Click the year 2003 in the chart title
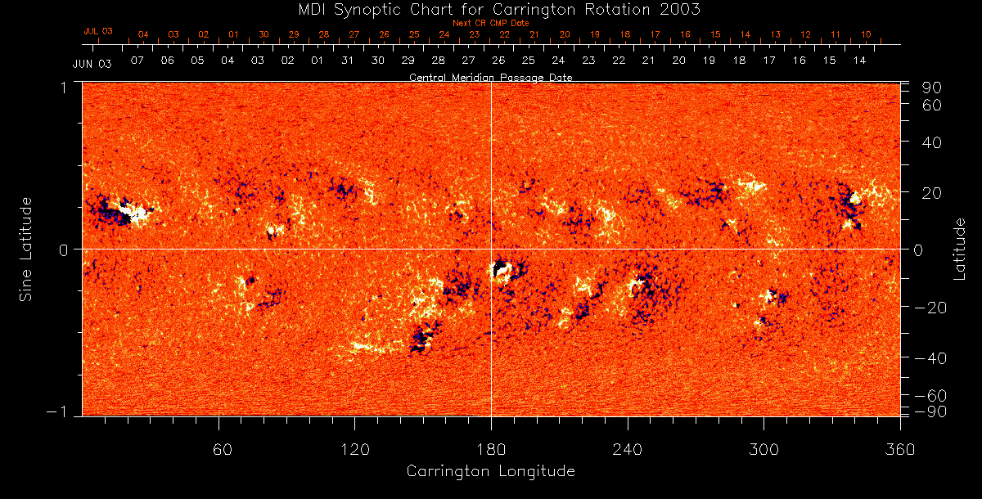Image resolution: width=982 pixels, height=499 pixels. tap(684, 10)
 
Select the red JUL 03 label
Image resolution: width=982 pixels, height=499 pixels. tap(97, 31)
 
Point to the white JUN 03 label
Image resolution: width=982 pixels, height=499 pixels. tap(92, 63)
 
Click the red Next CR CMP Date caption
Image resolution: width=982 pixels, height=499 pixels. tap(491, 23)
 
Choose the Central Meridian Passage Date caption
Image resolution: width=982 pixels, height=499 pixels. tap(491, 78)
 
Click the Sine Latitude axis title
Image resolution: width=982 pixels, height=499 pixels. tap(28, 249)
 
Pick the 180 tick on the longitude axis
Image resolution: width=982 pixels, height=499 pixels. tap(491, 449)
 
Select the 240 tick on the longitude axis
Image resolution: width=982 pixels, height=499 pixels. tap(628, 449)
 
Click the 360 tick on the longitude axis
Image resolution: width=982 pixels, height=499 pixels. tap(900, 449)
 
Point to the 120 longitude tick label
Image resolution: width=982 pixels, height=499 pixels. tap(355, 449)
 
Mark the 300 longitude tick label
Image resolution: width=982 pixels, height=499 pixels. tap(764, 449)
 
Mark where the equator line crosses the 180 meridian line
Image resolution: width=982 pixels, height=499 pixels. tap(491, 249)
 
